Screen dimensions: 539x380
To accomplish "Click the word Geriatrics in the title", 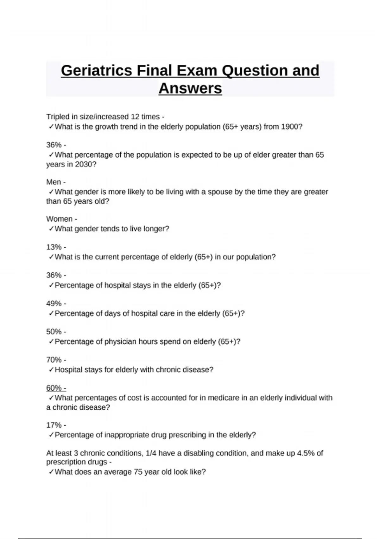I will tap(97, 71).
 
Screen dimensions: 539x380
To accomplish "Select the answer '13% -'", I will tap(56, 247).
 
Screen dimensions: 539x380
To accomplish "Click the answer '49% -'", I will tap(56, 303).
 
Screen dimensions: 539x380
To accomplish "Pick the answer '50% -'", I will tap(56, 332).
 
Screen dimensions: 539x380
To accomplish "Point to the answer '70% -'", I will tap(56, 360).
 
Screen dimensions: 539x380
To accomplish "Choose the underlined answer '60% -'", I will tap(56, 388).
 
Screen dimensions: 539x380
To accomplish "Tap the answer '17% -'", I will tap(56, 425).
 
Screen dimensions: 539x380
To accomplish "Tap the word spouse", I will tap(220, 192).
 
